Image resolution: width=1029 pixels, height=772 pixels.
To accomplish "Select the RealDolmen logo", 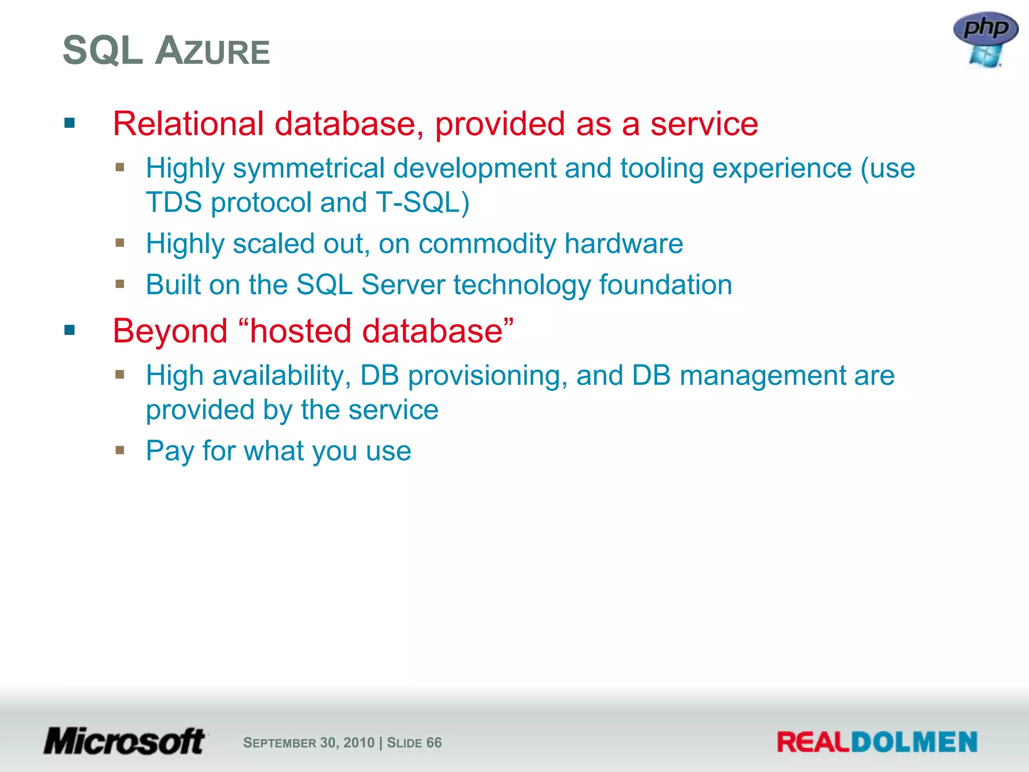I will click(x=877, y=742).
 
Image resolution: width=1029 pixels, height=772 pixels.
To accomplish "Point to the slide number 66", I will click(x=434, y=743).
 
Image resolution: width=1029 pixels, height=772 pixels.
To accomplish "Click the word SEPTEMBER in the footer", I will click(x=279, y=743).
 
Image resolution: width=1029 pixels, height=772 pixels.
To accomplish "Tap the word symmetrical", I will click(x=308, y=168).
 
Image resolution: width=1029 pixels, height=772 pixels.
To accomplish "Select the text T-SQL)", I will click(x=422, y=203).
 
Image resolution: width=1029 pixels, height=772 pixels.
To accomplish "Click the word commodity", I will click(x=487, y=244).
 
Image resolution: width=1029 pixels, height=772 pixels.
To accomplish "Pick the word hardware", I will click(x=624, y=244).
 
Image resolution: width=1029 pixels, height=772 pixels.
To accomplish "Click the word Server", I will click(x=403, y=285).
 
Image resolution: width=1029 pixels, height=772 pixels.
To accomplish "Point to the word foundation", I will click(x=665, y=285).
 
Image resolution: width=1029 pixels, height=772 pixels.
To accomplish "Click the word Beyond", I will click(x=170, y=331).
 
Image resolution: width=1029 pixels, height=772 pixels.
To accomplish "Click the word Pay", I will click(x=169, y=451).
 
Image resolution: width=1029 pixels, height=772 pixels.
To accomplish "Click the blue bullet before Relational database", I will click(x=69, y=123).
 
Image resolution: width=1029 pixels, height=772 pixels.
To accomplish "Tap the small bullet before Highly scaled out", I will click(x=120, y=243).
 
